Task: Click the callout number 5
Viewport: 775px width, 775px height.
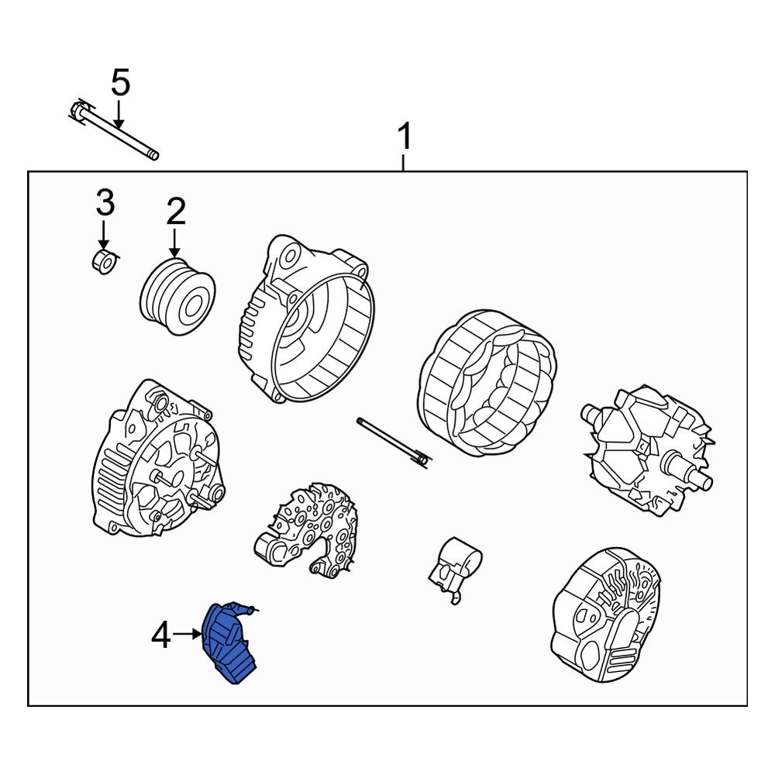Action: point(121,83)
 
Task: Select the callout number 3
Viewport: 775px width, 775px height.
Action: point(105,202)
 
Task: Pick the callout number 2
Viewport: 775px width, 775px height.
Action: point(176,211)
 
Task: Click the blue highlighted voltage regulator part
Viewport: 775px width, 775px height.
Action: point(229,642)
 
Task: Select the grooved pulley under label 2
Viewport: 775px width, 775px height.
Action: point(177,296)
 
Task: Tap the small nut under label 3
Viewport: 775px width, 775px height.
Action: point(105,261)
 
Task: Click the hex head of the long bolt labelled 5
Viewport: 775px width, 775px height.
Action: point(78,111)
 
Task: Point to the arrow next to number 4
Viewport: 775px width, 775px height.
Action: point(188,634)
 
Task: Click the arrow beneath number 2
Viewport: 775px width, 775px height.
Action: point(174,242)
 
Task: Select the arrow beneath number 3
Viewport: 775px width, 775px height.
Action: point(103,235)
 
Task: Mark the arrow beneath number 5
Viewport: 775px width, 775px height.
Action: point(118,114)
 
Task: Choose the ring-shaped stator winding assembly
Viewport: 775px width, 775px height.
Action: point(487,384)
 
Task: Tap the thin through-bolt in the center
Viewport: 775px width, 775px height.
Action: point(392,443)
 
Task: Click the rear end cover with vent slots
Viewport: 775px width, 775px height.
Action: point(606,615)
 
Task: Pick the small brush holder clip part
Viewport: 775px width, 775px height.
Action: point(454,568)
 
